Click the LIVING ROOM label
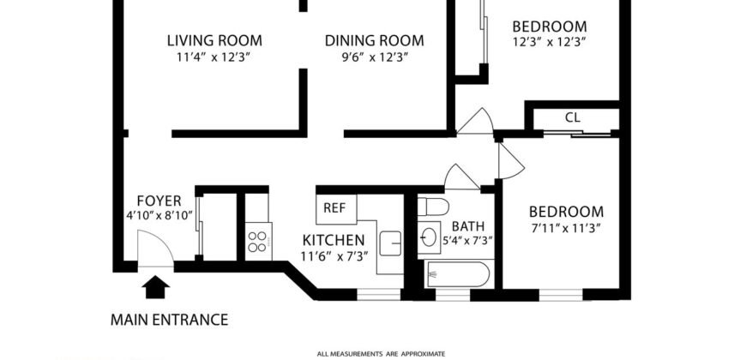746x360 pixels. [x=214, y=40]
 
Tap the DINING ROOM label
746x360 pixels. [x=374, y=40]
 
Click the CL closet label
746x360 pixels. [x=573, y=117]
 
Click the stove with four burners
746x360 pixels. [x=258, y=237]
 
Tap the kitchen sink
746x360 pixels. [x=390, y=244]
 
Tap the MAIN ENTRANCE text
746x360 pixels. [x=170, y=321]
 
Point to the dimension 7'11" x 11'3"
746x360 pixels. [x=566, y=228]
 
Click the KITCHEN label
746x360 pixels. [x=333, y=240]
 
